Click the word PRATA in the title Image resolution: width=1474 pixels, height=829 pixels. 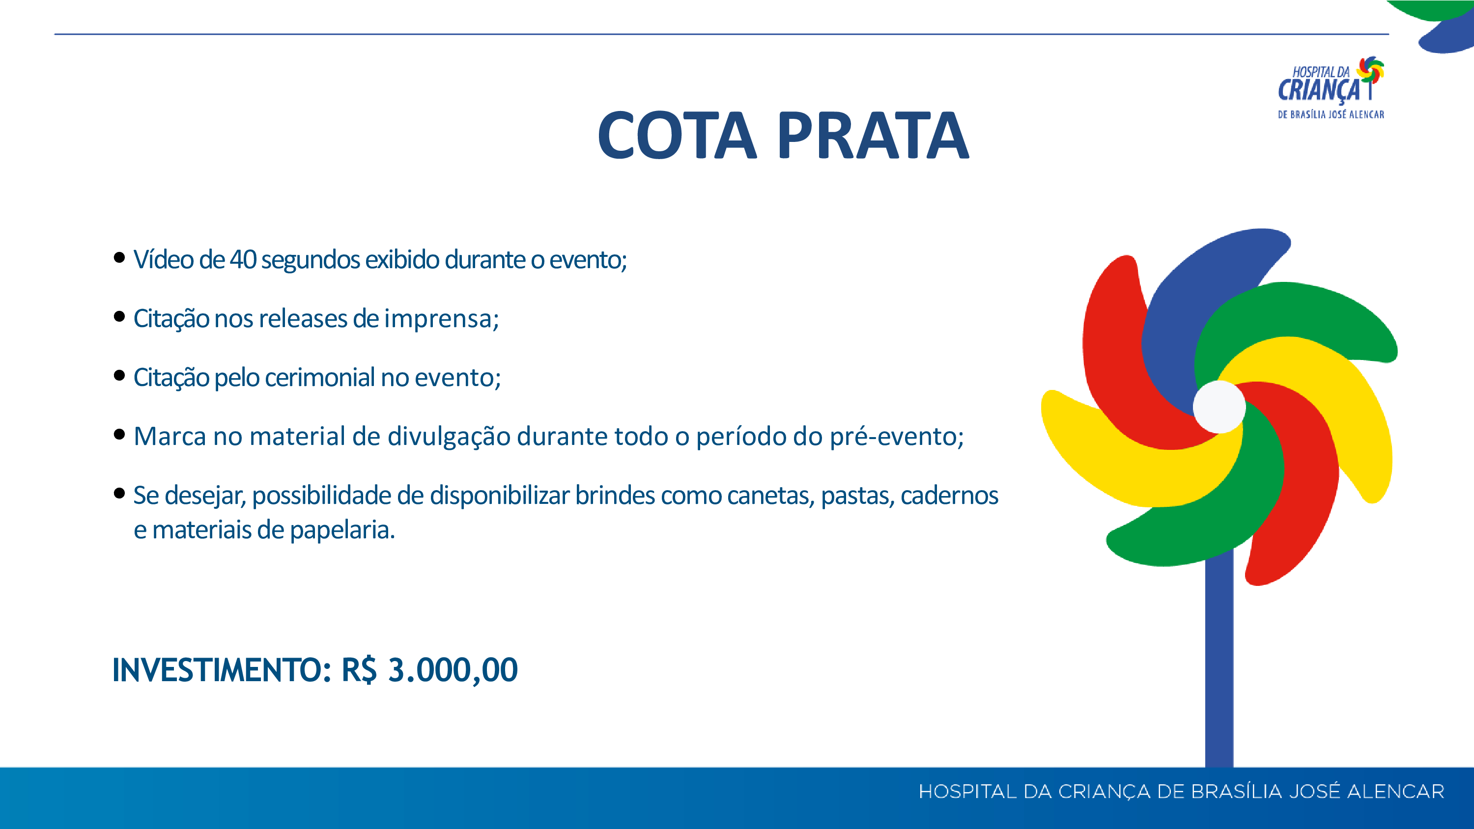[x=873, y=136]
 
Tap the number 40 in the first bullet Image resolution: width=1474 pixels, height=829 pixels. [x=243, y=260]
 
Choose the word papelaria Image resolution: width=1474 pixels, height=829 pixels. [x=342, y=531]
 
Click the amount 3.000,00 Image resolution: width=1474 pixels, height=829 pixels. [x=453, y=670]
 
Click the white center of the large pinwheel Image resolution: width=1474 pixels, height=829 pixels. [x=1219, y=407]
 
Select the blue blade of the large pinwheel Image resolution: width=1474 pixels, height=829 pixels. [x=1207, y=309]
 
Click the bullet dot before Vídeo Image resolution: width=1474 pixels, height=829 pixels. [x=119, y=257]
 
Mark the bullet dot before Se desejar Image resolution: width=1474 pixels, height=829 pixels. [x=119, y=493]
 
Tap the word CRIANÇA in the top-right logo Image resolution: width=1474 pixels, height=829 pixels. [x=1318, y=90]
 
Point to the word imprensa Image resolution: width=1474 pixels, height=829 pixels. [x=441, y=319]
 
